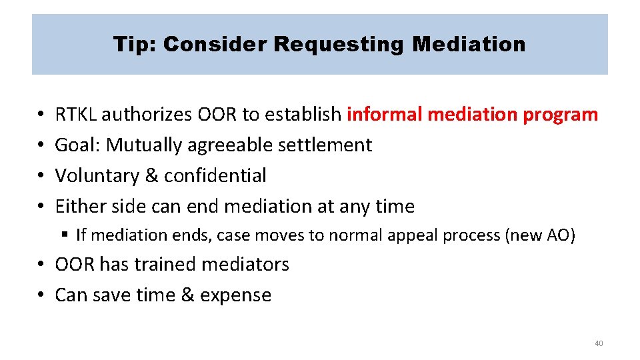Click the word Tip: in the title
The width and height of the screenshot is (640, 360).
[135, 45]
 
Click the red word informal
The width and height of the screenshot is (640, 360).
[385, 115]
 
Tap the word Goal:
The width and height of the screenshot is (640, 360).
[78, 145]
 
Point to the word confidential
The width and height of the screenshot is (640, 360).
[215, 175]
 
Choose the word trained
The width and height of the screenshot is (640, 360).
[165, 264]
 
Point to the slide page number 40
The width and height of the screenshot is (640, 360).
[598, 343]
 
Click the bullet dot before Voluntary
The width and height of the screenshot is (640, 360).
[42, 176]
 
